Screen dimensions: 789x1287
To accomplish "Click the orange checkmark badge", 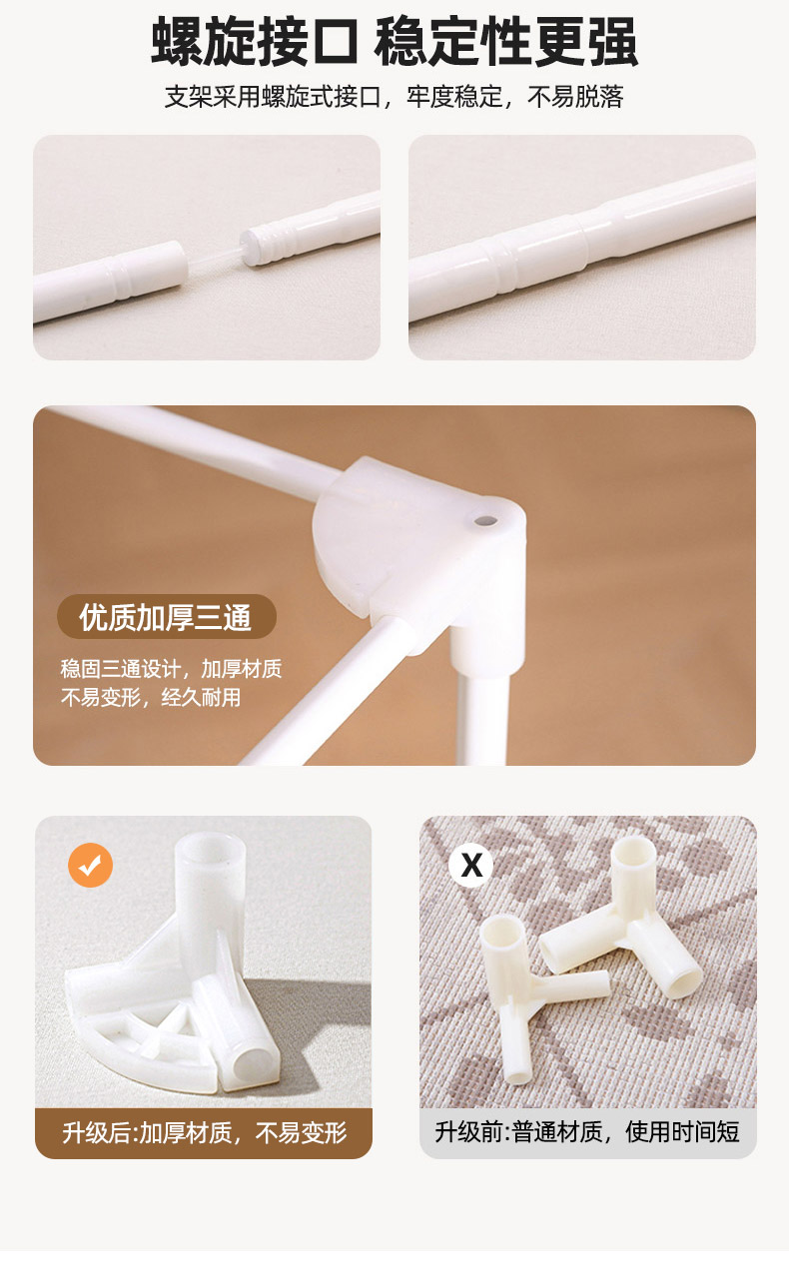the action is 90,865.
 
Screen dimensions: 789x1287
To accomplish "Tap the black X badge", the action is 471,865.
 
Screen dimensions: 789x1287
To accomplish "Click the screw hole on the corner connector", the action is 485,521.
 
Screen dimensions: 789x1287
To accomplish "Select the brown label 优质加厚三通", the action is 167,617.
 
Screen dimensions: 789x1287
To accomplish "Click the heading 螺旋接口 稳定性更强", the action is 394,42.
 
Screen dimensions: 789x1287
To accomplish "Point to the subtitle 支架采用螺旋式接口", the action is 273,97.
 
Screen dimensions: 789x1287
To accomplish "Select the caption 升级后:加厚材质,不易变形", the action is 204,1132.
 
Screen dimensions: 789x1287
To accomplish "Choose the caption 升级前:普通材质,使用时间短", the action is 586,1132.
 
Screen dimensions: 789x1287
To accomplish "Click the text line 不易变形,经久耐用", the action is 151,698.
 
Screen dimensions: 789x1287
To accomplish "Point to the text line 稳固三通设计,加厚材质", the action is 171,669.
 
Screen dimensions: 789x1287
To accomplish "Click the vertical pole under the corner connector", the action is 483,718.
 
